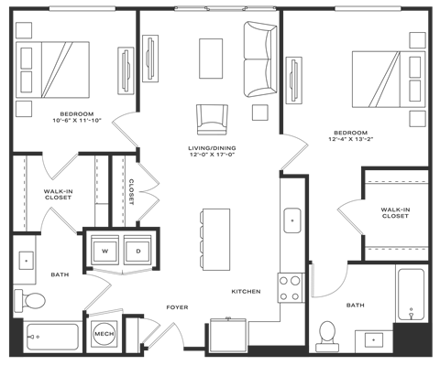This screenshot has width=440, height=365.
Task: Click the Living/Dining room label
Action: pos(213,150)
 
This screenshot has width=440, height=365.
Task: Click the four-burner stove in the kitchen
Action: pos(291,288)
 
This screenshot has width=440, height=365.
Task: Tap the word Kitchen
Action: pos(247,291)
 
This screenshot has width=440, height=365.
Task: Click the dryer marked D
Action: pos(137,249)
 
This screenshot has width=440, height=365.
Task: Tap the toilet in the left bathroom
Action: pos(34,298)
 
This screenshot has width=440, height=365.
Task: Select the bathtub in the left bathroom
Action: pos(50,337)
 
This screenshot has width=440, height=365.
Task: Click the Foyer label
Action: pos(177,307)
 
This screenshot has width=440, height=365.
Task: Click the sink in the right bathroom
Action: pos(374,339)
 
